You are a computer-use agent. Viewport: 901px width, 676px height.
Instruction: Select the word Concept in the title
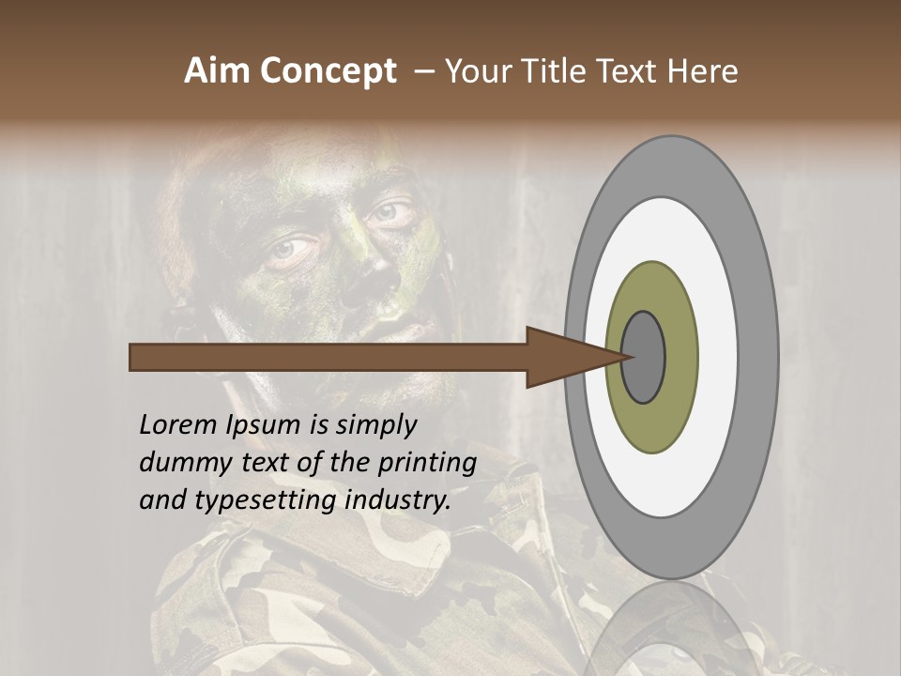[x=328, y=70]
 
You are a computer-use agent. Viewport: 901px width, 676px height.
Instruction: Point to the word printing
[x=426, y=463]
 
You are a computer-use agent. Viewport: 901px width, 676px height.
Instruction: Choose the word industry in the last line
[x=399, y=500]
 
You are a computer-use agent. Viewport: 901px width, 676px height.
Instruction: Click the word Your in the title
[x=473, y=70]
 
